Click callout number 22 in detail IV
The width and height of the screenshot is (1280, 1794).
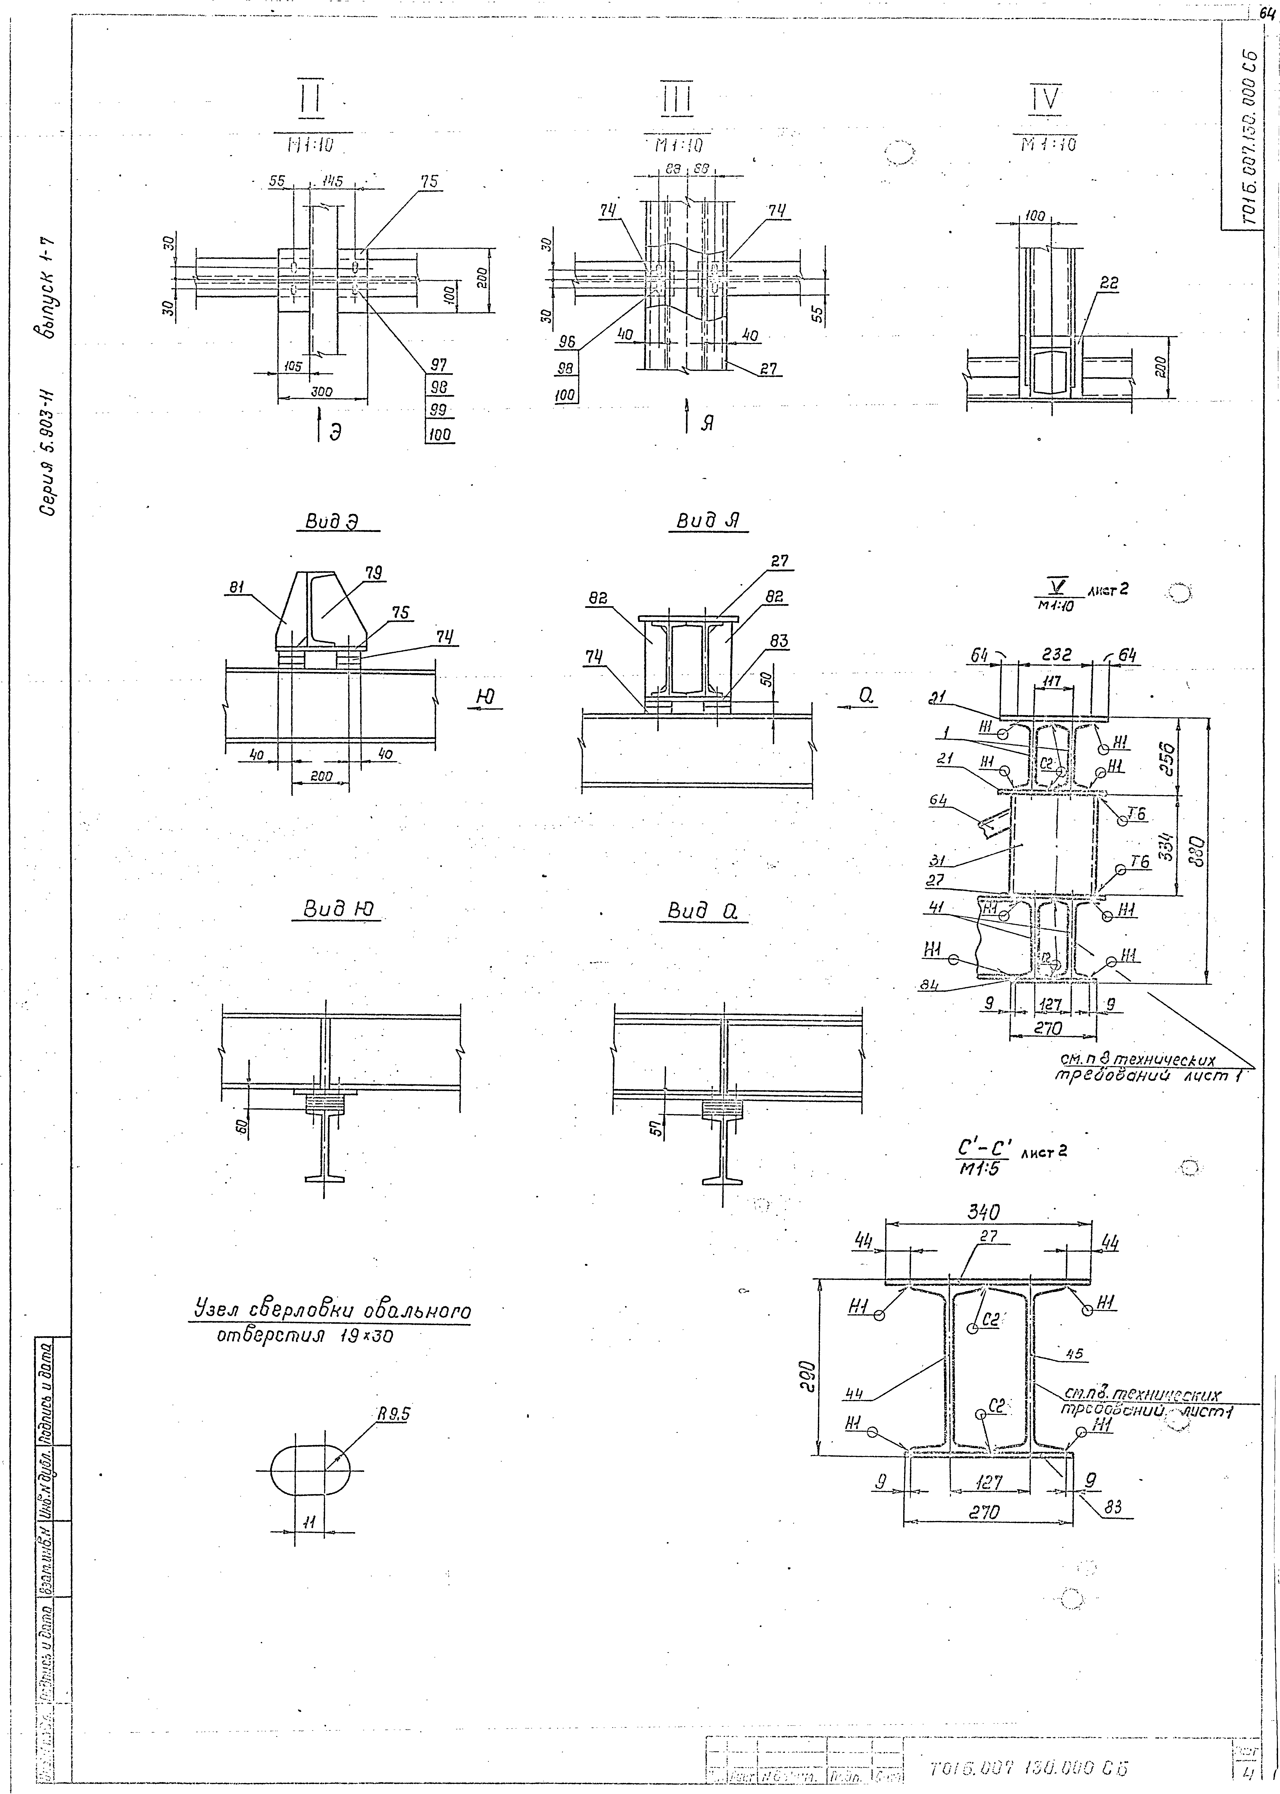(1108, 284)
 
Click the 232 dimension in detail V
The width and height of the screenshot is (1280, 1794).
(1055, 654)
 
